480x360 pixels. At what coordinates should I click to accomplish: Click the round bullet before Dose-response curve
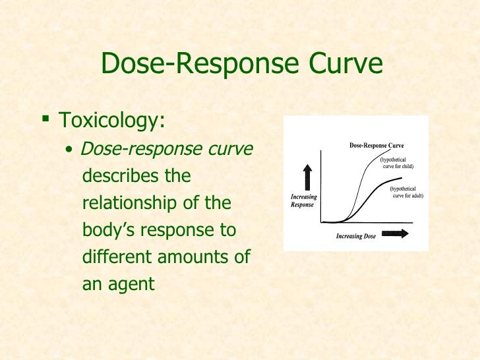tap(69, 151)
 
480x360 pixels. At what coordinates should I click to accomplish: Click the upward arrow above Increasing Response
tap(307, 176)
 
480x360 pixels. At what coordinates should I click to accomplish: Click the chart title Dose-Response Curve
tap(376, 145)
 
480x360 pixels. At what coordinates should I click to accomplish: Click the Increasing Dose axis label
tap(355, 236)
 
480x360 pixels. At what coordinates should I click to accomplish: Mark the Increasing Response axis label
tap(304, 200)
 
